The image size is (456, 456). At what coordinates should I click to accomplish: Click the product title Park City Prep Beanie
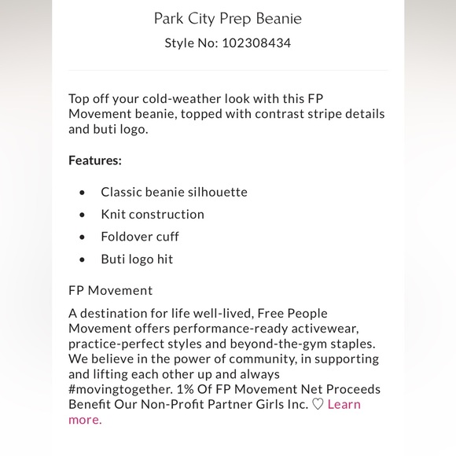coord(227,18)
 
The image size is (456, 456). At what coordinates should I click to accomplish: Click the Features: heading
coord(95,160)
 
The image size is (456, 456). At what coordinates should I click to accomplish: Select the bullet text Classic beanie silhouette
coord(174,192)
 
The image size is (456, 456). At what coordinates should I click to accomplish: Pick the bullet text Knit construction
coord(152,214)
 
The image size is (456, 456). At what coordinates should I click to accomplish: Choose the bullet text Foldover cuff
coord(139,236)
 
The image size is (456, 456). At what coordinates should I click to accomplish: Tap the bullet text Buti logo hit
coord(137,259)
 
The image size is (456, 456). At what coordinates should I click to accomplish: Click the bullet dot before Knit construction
coord(83,215)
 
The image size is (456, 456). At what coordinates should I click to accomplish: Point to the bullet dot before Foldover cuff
coord(83,237)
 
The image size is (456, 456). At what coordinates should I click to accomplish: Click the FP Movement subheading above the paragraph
coord(110,290)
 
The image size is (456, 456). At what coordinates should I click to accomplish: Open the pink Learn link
coord(344,404)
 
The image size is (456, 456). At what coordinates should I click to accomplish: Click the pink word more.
coord(84,419)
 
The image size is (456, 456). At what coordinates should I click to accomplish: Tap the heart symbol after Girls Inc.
coord(318,404)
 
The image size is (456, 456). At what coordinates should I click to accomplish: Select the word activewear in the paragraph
coord(339,329)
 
